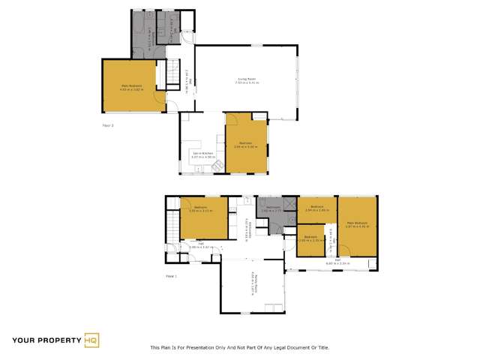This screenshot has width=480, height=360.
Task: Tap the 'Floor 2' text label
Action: tap(107, 125)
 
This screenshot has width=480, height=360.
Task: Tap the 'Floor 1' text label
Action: tap(171, 277)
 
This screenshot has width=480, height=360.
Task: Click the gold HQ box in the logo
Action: tap(91, 340)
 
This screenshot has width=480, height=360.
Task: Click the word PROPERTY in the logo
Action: tap(57, 340)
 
